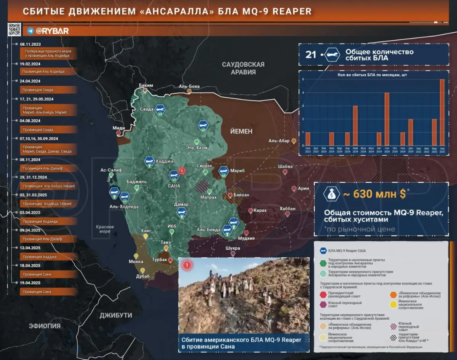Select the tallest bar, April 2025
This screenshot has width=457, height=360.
click(x=442, y=112)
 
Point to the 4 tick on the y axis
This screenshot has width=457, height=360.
click(x=303, y=93)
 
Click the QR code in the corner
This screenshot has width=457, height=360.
click(x=14, y=29)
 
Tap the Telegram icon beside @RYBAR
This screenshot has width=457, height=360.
click(x=30, y=31)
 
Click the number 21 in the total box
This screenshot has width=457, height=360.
click(x=311, y=54)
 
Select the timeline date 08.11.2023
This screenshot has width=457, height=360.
click(x=30, y=45)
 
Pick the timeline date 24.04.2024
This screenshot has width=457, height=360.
click(x=30, y=81)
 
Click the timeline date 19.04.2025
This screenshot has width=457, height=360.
click(x=30, y=283)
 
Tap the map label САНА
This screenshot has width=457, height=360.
click(x=174, y=186)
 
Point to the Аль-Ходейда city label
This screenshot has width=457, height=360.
click(x=124, y=207)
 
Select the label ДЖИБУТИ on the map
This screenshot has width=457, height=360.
click(x=116, y=315)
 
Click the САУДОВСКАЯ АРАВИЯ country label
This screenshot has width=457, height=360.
click(x=243, y=68)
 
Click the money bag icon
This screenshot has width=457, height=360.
click(x=332, y=194)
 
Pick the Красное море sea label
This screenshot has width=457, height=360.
click(x=103, y=229)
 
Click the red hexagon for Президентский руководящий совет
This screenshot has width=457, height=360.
click(x=323, y=294)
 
